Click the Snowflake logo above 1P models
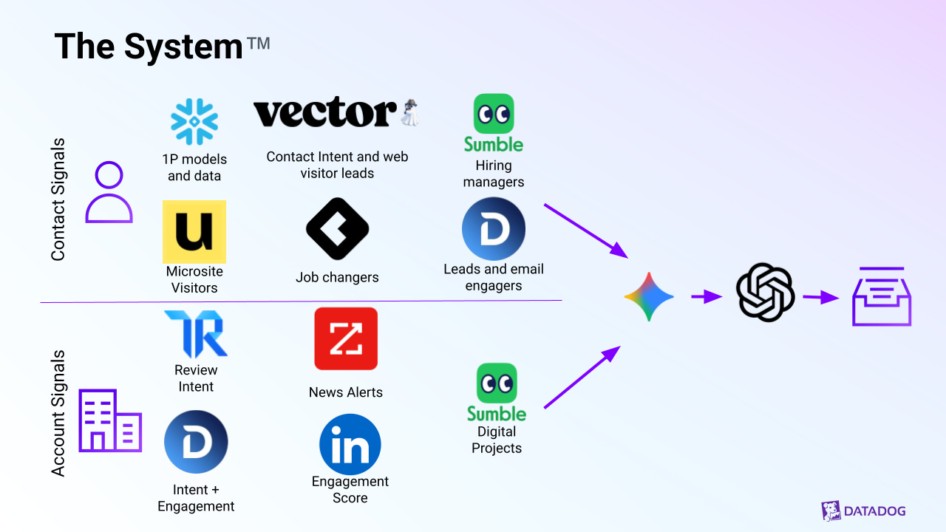pos(194,121)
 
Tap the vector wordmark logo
pos(325,113)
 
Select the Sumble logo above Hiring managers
pos(494,123)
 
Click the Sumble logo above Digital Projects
pos(497,392)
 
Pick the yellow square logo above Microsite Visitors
pos(194,232)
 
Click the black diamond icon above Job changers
pos(337,228)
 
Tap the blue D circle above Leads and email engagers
pos(494,228)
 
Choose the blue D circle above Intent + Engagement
pos(196,442)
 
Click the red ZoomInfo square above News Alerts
pos(346,338)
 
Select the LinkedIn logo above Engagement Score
pos(350,445)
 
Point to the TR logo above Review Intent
pos(196,334)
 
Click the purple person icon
pos(109,193)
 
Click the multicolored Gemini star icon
pos(649,297)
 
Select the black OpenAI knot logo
pos(765,293)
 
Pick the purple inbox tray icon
pos(882,297)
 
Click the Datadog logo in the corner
pos(863,511)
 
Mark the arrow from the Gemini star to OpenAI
pos(707,297)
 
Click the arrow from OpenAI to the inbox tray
pos(821,298)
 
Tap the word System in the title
pos(183,47)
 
